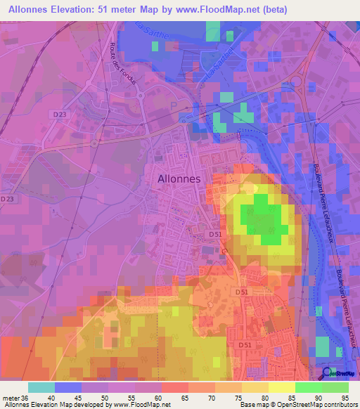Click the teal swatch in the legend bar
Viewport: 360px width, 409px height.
[x=41, y=387]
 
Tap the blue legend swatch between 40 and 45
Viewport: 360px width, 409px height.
[x=68, y=387]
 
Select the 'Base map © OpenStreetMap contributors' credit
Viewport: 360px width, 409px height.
[x=298, y=405]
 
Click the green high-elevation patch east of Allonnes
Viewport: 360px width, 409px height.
[x=264, y=219]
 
